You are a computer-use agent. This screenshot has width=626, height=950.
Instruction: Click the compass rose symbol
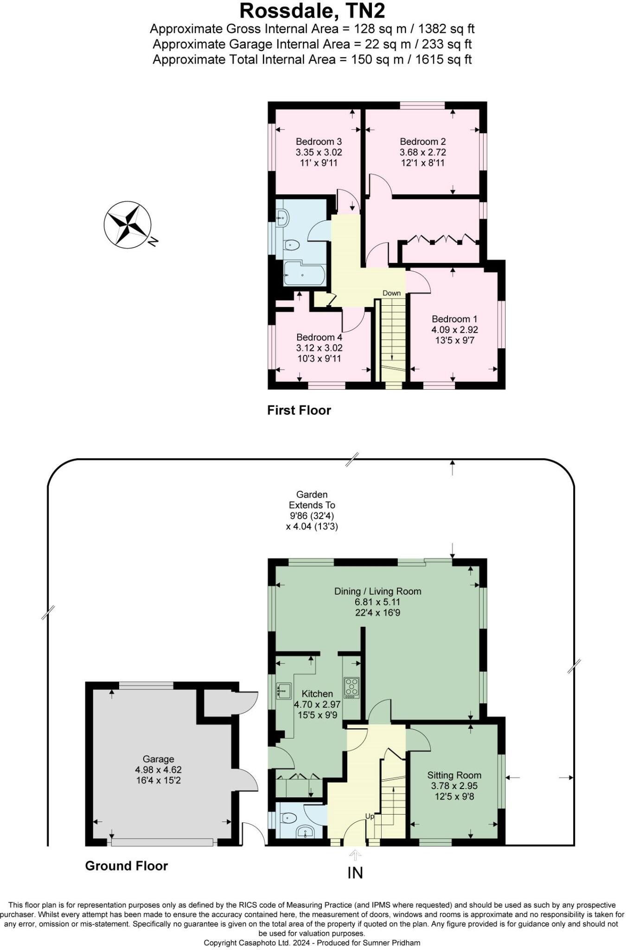pyautogui.click(x=127, y=225)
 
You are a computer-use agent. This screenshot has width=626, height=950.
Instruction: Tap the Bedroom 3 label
pyautogui.click(x=319, y=141)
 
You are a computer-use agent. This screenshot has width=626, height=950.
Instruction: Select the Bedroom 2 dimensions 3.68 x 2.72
pyautogui.click(x=422, y=152)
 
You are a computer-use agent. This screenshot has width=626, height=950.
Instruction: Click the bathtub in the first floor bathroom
pyautogui.click(x=303, y=274)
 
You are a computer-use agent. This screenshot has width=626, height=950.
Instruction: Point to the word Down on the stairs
pyautogui.click(x=391, y=293)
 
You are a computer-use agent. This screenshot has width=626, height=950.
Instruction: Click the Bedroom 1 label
pyautogui.click(x=454, y=319)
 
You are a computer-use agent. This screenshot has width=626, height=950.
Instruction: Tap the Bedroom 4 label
pyautogui.click(x=319, y=337)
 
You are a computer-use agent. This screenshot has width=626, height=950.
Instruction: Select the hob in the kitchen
pyautogui.click(x=351, y=688)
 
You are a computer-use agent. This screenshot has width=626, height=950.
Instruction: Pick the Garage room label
pyautogui.click(x=158, y=759)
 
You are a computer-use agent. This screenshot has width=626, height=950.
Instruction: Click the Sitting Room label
pyautogui.click(x=454, y=775)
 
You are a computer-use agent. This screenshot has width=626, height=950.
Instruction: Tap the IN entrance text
pyautogui.click(x=355, y=873)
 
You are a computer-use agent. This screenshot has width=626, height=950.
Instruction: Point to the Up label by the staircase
pyautogui.click(x=370, y=829)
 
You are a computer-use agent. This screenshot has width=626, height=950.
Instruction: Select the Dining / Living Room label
pyautogui.click(x=377, y=591)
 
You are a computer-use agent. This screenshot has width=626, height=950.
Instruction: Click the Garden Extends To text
pyautogui.click(x=312, y=500)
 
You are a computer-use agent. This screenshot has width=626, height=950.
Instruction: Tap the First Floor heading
pyautogui.click(x=299, y=410)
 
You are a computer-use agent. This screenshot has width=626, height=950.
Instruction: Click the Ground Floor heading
pyautogui.click(x=126, y=866)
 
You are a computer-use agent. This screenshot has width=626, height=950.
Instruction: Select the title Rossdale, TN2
pyautogui.click(x=312, y=11)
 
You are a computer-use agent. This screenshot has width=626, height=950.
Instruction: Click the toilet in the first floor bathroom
pyautogui.click(x=292, y=244)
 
